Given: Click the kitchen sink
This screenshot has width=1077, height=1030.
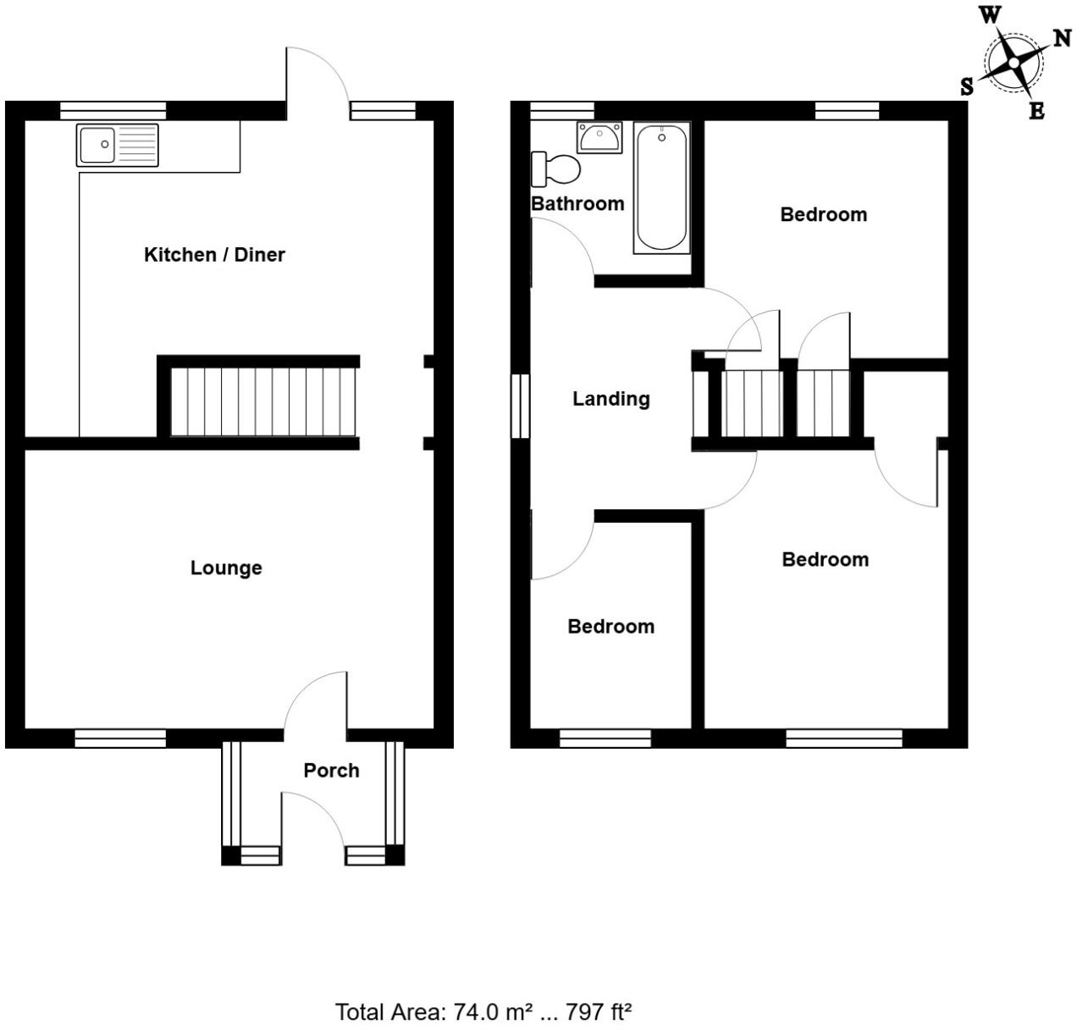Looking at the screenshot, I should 117,145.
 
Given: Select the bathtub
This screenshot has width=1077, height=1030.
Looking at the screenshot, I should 661,188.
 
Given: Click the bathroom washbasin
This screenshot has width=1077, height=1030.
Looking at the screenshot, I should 599,137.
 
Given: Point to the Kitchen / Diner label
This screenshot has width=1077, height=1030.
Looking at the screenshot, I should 214,254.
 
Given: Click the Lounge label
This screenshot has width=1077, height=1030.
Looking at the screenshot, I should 226,568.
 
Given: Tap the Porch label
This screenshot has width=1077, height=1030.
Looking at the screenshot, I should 331,770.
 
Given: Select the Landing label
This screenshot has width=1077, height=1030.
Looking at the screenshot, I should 610,398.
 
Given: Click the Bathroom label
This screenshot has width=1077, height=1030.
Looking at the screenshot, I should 577,203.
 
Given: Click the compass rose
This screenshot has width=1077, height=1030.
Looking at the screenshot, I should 1013,63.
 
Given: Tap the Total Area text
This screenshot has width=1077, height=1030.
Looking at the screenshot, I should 484,1011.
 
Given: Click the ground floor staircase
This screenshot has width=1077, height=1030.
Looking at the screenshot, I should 262,401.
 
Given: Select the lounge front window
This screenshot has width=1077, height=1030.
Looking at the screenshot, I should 120,739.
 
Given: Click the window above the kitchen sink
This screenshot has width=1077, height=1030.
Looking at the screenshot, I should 113,108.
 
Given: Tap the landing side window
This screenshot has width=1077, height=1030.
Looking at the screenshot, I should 521,406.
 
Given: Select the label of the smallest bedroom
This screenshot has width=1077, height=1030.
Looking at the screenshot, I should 610,626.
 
